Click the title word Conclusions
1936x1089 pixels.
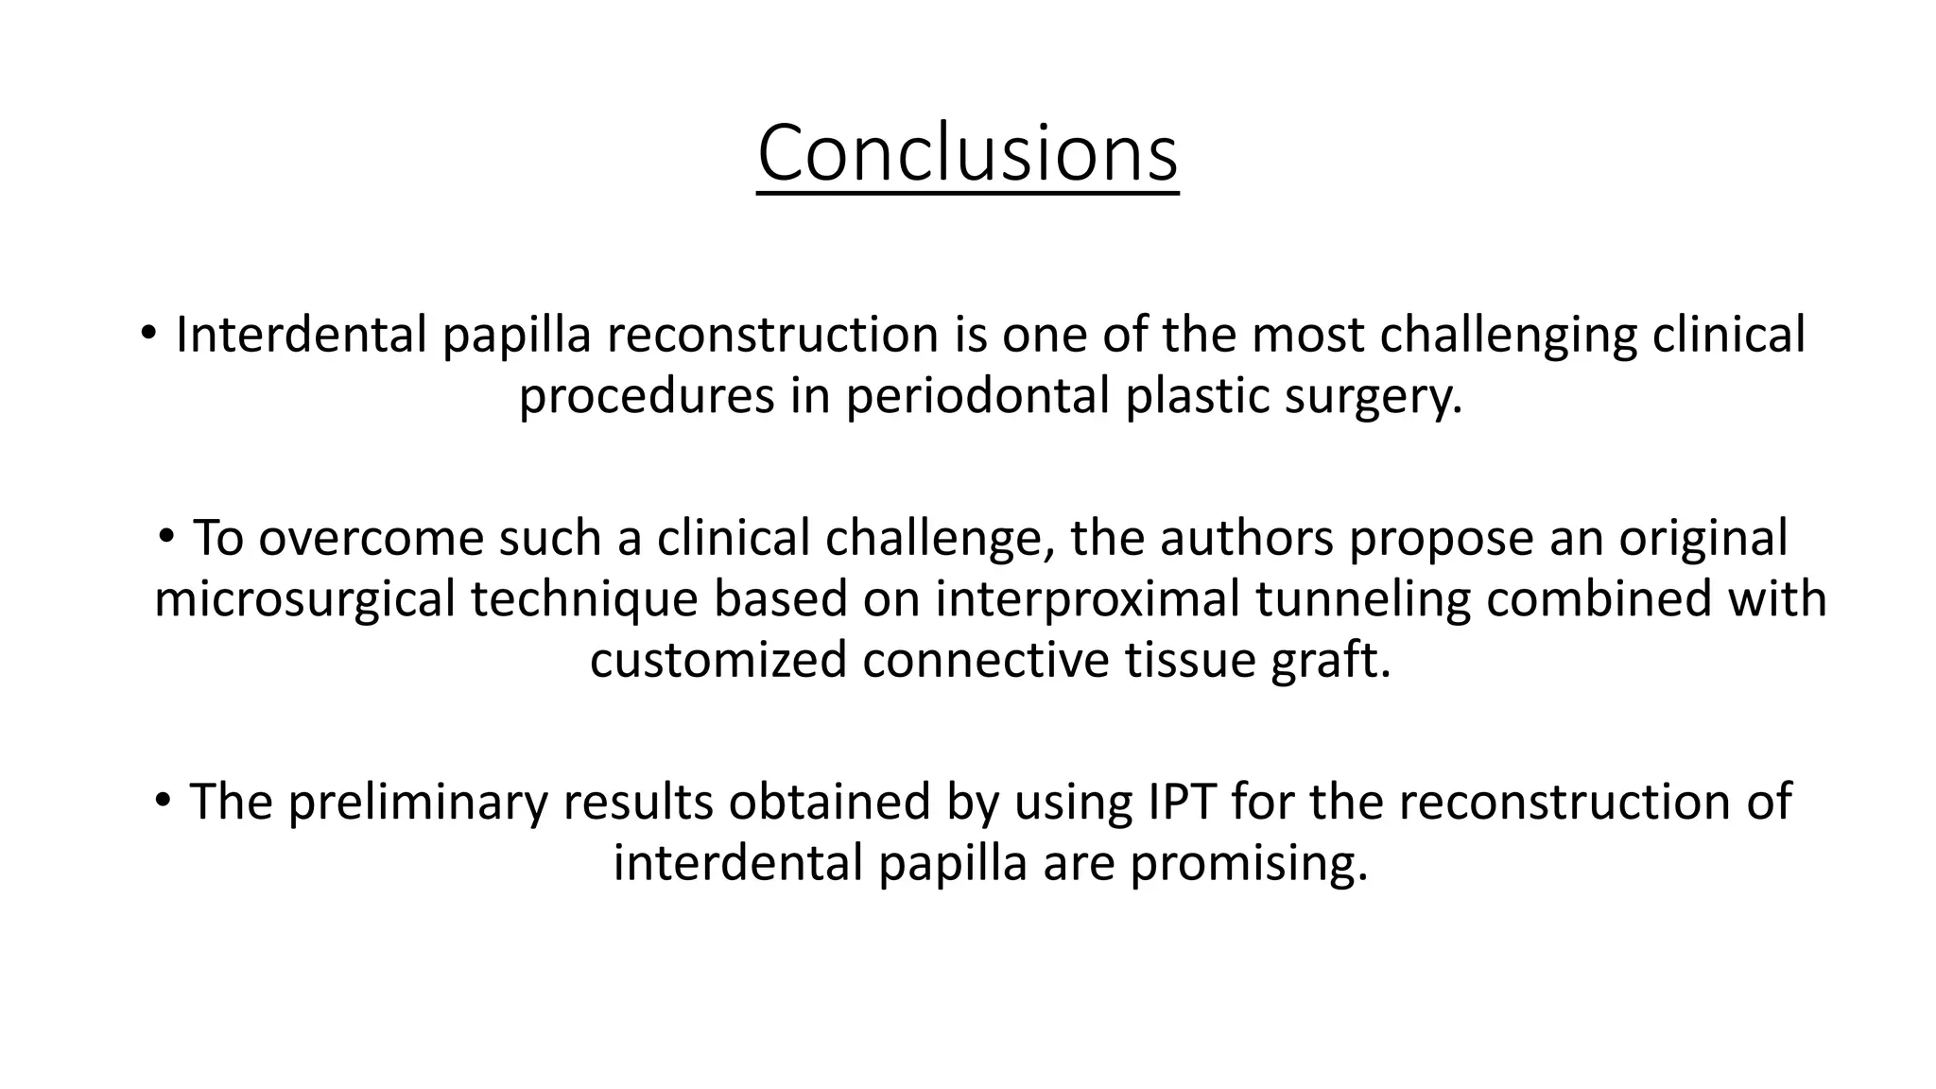[x=967, y=154]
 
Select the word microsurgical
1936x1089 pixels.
[x=304, y=600]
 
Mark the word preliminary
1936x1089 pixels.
[x=417, y=802]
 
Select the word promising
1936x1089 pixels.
[x=1248, y=863]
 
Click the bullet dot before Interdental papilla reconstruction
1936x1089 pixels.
[x=147, y=333]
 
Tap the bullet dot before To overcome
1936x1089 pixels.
[x=166, y=536]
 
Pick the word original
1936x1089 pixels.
[x=1703, y=538]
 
